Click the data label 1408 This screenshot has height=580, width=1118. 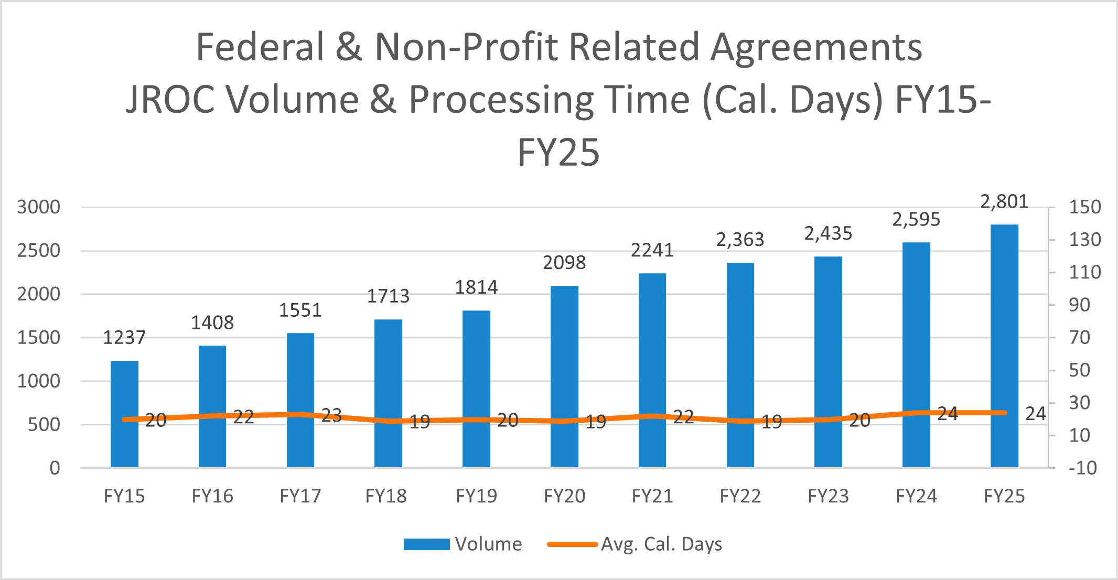tap(212, 323)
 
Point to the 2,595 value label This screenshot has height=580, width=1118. tap(916, 219)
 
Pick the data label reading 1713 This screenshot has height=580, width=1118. tap(388, 296)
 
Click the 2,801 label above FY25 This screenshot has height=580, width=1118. tap(1004, 201)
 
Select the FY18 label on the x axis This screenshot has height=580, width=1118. tap(386, 496)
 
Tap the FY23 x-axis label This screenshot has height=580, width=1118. tap(828, 496)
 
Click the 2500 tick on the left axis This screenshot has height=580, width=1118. tap(38, 251)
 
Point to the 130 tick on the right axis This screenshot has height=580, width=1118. tap(1085, 240)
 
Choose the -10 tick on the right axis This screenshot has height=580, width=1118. tap(1083, 468)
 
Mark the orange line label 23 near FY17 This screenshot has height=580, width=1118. tap(331, 416)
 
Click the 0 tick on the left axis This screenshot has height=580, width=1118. tap(55, 468)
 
